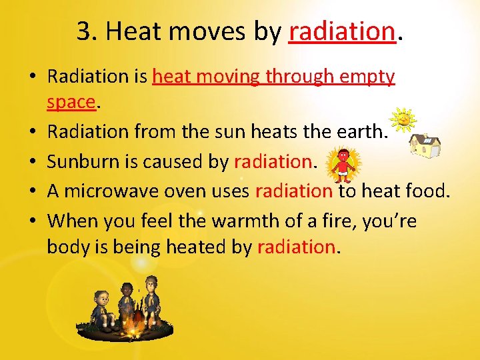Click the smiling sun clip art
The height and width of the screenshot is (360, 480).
coord(403,120)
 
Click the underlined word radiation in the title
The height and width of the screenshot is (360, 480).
coord(343,31)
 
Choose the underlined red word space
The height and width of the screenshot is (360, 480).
coord(71,103)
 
